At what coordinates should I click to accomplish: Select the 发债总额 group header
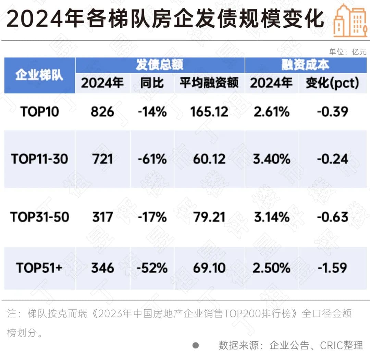click(x=160, y=65)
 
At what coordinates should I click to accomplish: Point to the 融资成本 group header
click(x=305, y=65)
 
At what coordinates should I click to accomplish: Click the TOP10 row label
click(x=39, y=112)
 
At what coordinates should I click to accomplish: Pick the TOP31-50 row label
click(x=39, y=217)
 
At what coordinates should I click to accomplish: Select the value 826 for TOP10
click(x=102, y=112)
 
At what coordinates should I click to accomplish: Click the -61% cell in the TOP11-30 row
click(x=152, y=159)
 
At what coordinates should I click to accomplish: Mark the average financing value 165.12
click(x=209, y=112)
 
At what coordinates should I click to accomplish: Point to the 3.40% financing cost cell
click(x=271, y=159)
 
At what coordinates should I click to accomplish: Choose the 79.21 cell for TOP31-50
click(x=209, y=217)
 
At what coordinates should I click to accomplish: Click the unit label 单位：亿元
click(x=348, y=52)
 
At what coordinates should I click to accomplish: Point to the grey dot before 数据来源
click(x=196, y=345)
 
